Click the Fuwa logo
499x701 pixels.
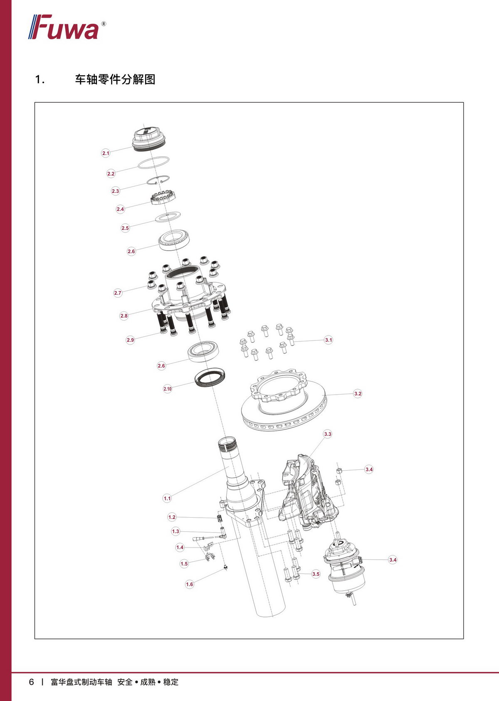(67, 27)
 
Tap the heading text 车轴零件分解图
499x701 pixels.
(115, 79)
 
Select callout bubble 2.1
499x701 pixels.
(106, 153)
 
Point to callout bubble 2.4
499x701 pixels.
(120, 209)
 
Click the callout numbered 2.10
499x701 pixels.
(168, 389)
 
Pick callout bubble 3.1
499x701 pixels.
(329, 340)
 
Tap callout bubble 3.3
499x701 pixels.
(327, 434)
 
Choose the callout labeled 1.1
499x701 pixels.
(167, 499)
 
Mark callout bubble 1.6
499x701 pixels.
(189, 584)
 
